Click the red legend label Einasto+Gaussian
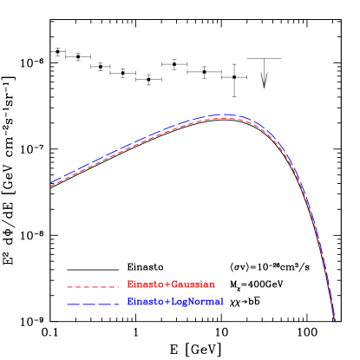coord(171,285)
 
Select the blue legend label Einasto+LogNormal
coord(175,302)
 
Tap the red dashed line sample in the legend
coord(92,285)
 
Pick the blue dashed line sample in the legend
coord(92,304)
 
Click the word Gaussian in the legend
coord(193,285)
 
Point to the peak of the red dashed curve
coord(224,118)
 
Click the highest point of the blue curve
coord(225,115)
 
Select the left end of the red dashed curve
coord(50,187)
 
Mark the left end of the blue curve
coord(50,183)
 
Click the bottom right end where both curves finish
coord(335,321)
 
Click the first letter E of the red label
coord(130,285)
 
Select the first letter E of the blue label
coord(130,302)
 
